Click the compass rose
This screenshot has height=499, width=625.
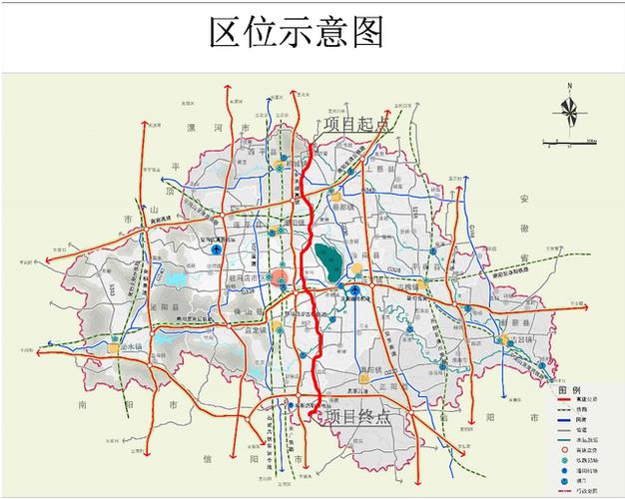click(568, 111)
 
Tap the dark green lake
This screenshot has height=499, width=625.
click(325, 261)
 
